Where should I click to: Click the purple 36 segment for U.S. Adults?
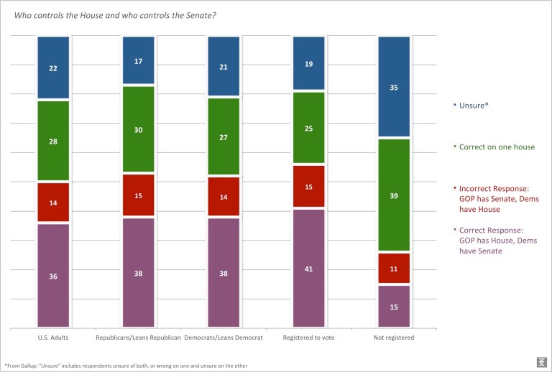coord(53,275)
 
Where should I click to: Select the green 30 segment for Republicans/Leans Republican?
coord(138,129)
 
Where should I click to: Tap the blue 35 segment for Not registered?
coord(394,86)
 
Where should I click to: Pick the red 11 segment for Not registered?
coord(394,268)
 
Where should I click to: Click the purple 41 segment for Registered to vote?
coord(309,268)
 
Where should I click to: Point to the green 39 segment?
coord(394,195)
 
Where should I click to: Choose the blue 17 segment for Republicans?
coord(138,60)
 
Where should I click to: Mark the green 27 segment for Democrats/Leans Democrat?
coord(224,136)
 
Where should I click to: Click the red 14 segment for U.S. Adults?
coord(53,203)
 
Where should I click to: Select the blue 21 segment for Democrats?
coord(224,66)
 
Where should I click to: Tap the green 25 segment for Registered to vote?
coord(309,128)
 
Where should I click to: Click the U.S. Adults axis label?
coord(53,337)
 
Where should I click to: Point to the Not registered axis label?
coord(394,337)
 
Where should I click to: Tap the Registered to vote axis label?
coord(309,337)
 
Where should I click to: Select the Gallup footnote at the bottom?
coord(126,366)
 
